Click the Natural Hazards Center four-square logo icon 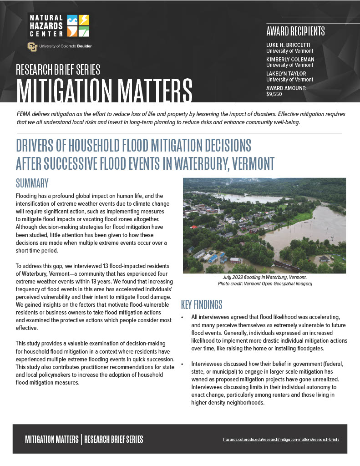tap(78, 25)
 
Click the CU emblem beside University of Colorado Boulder tap(32, 46)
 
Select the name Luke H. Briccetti tap(288, 45)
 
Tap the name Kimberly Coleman tap(290, 60)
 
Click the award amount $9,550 tap(274, 95)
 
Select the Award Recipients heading tap(295, 31)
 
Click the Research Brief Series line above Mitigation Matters tap(58, 70)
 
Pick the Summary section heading tap(32, 183)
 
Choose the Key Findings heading tap(202, 304)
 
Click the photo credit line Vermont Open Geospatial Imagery tap(264, 284)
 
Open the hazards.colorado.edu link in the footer tap(281, 440)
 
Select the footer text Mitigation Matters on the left tap(51, 440)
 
